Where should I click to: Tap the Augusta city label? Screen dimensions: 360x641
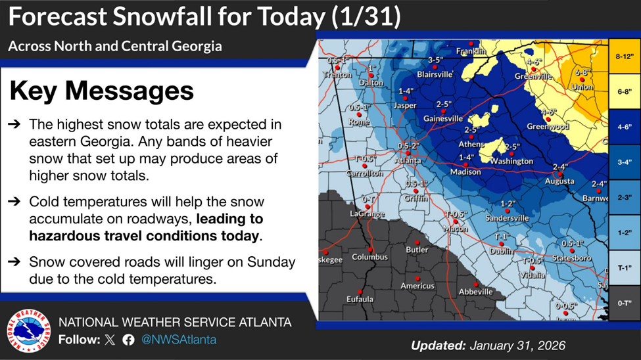point(559,181)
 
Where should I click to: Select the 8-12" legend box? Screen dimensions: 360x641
point(625,56)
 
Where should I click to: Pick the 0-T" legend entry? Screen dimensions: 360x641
point(625,303)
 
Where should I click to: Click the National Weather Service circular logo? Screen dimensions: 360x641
point(29,331)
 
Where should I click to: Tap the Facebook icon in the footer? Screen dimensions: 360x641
point(128,340)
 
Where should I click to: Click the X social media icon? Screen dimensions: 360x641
point(109,340)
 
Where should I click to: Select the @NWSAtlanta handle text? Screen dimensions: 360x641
point(179,340)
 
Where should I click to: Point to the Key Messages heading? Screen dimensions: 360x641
point(101,91)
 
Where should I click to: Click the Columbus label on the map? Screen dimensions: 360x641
point(369,257)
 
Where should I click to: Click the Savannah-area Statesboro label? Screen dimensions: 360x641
point(571,258)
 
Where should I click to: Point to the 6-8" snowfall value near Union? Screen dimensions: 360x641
point(582,73)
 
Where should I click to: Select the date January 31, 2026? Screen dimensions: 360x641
point(517,346)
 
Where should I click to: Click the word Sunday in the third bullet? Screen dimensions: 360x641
point(272,262)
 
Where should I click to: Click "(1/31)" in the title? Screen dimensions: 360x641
point(366,17)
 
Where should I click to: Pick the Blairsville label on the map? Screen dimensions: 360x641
point(435,74)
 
